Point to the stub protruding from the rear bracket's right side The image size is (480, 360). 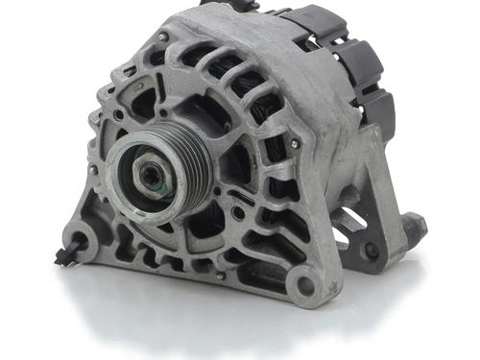pyautogui.click(x=416, y=227)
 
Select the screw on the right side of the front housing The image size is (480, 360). pyautogui.click(x=294, y=144)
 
